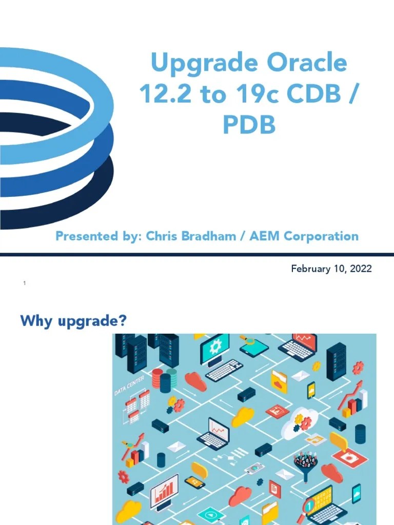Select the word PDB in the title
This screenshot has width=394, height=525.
click(249, 125)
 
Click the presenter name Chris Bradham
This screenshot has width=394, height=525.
click(187, 236)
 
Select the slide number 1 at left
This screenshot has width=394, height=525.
click(24, 284)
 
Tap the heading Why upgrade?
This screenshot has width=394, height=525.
click(73, 321)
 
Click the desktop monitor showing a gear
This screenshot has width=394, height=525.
click(215, 348)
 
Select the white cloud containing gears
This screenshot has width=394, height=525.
click(302, 421)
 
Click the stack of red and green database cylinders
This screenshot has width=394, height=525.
click(164, 380)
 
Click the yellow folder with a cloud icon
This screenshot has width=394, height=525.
click(279, 381)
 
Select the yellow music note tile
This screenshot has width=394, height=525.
click(314, 439)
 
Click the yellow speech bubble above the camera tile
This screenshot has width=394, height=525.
click(339, 440)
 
